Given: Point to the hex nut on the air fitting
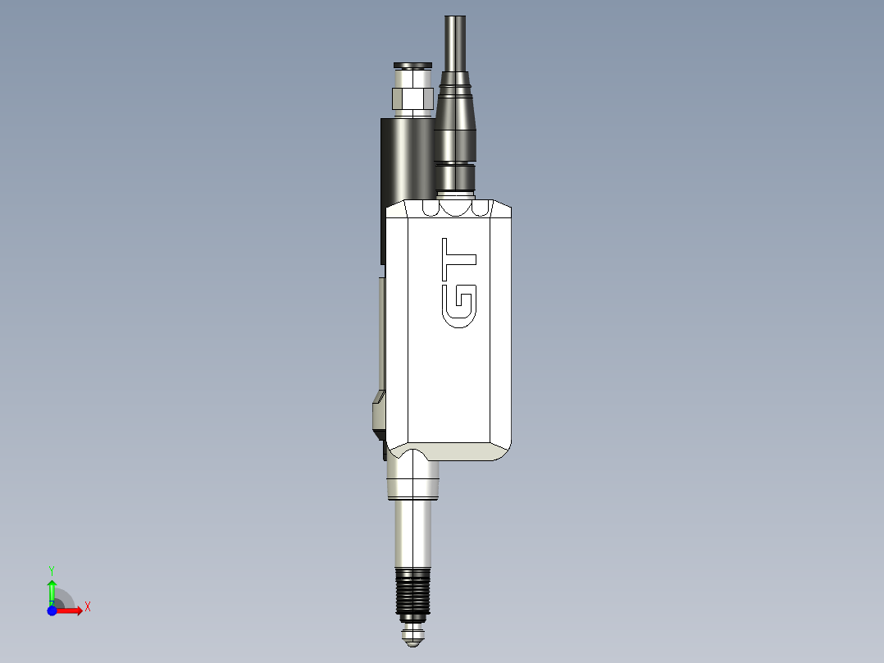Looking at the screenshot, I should tap(412, 99).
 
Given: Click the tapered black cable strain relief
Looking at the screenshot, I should tap(455, 115).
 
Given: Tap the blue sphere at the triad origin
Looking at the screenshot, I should tap(52, 610).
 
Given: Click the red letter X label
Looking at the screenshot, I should tap(87, 607).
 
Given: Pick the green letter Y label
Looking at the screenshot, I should tap(52, 569).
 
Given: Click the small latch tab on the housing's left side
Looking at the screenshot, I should tap(378, 414).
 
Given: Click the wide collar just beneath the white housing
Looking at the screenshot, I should tap(412, 480).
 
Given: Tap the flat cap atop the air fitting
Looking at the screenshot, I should tap(412, 65).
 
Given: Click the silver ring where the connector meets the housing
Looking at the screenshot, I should tap(455, 194).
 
